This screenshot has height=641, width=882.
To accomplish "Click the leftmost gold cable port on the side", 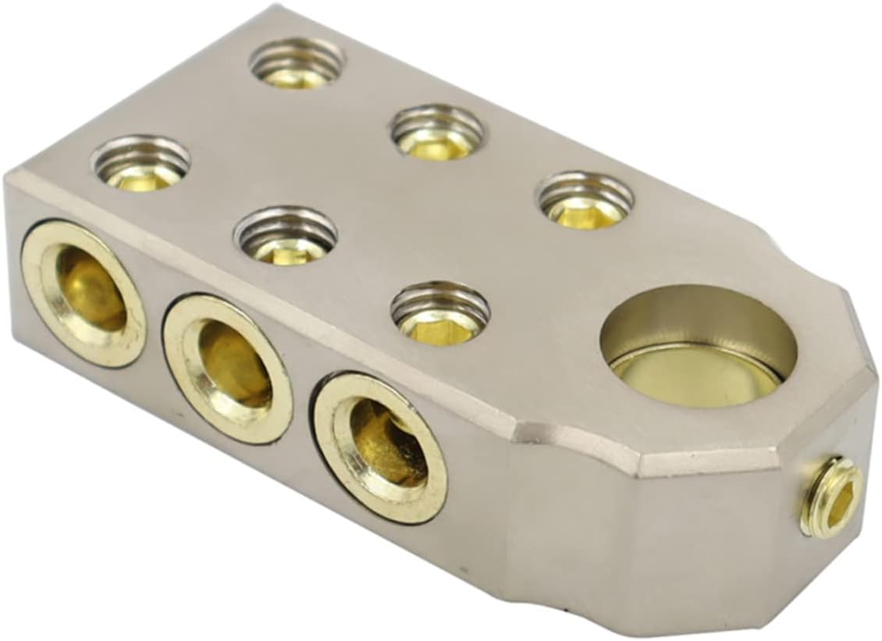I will (84, 293).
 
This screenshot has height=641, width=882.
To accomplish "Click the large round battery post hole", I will (698, 344).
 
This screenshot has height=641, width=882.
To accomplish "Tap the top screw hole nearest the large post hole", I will (585, 201).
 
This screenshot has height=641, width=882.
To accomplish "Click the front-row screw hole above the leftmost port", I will (141, 162).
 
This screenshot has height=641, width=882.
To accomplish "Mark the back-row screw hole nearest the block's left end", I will (297, 62).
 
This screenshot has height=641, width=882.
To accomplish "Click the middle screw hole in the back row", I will (436, 131).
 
